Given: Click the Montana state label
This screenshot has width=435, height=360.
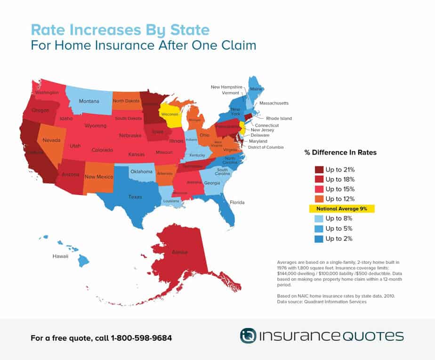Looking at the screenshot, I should (x=89, y=101).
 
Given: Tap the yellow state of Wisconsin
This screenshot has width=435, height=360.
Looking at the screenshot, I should (x=169, y=115).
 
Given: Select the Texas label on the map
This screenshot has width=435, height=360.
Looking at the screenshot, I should (x=135, y=197).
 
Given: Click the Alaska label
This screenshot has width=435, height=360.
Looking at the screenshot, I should (x=180, y=252).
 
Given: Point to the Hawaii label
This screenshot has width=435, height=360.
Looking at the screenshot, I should (x=60, y=257).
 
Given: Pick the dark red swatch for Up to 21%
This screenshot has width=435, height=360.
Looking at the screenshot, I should (x=319, y=169).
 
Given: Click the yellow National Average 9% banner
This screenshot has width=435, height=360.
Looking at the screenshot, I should (x=341, y=208).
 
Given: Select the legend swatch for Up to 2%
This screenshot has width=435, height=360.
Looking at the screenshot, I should (x=319, y=238).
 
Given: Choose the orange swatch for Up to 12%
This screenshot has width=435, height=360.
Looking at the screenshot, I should (x=319, y=198).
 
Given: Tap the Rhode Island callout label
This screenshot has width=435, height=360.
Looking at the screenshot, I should (x=279, y=119).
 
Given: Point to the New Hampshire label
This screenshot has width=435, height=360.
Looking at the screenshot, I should (x=226, y=87).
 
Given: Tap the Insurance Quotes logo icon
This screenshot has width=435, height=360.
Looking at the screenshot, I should (x=248, y=335).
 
